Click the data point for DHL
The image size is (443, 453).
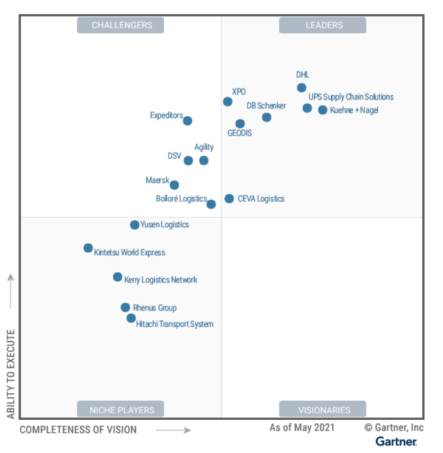(x=301, y=88)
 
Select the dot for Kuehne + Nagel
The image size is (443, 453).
(x=322, y=110)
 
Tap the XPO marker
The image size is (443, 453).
(x=227, y=102)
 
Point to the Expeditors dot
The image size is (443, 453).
(x=187, y=121)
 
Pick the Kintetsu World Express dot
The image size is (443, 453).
(x=88, y=248)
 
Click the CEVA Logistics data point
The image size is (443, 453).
(x=229, y=198)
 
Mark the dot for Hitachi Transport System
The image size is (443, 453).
(x=131, y=318)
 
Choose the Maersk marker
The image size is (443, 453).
(x=174, y=185)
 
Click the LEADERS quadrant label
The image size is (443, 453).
(x=323, y=25)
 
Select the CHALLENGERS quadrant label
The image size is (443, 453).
(x=121, y=25)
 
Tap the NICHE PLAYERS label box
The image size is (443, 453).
(x=121, y=409)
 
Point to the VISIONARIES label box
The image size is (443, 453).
(x=323, y=409)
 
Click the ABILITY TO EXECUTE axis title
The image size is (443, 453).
(x=11, y=374)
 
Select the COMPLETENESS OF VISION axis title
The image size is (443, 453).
(x=78, y=430)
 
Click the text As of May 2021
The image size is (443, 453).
(x=301, y=427)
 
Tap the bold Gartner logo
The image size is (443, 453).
(x=396, y=441)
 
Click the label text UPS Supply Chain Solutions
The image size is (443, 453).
(x=351, y=97)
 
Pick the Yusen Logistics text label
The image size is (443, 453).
(x=165, y=224)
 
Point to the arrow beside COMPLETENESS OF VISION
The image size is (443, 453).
(x=173, y=430)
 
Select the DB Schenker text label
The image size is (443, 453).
(x=267, y=106)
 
